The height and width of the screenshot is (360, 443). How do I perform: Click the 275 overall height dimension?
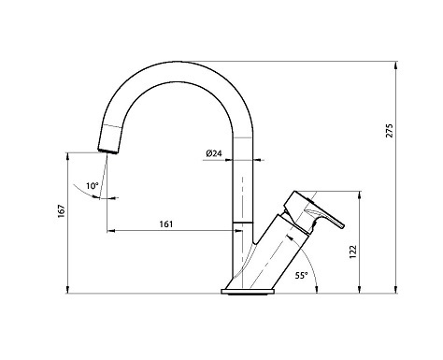pos(390,131)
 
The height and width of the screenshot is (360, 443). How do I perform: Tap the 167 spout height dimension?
pos(62,211)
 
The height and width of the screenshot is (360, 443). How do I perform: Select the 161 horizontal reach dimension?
pos(166,224)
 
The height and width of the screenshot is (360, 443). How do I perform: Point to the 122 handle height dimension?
pos(353,252)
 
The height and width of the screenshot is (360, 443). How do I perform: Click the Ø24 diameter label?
pos(214,153)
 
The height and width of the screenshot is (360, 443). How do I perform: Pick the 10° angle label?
pos(93,186)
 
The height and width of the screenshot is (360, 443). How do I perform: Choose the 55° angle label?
pos(301,275)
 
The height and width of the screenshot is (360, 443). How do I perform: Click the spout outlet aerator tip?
pos(107,151)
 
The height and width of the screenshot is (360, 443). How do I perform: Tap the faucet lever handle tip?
pos(343,226)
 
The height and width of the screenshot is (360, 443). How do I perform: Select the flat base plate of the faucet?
pos(248,292)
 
